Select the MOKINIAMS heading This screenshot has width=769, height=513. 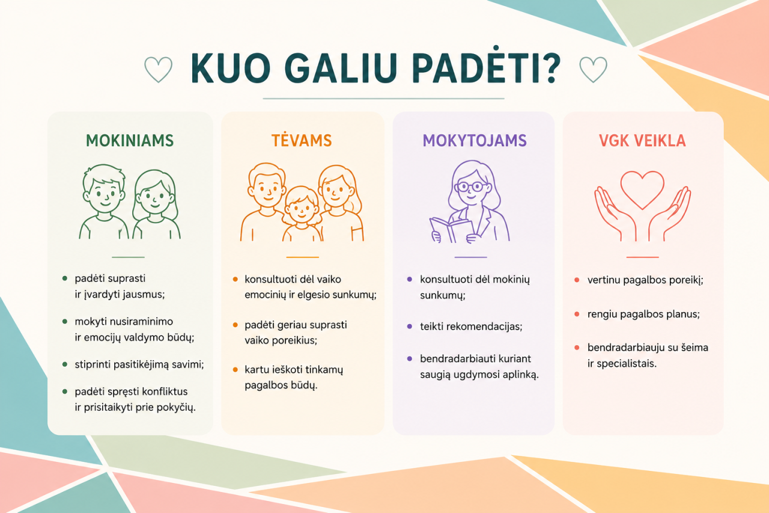click(x=130, y=141)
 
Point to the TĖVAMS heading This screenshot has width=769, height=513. click(x=302, y=140)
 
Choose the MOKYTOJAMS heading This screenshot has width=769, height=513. click(x=475, y=141)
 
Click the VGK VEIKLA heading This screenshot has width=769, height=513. click(x=642, y=141)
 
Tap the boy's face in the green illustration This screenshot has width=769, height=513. click(x=105, y=195)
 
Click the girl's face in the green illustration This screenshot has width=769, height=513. click(x=155, y=198)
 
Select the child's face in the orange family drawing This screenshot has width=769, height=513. click(x=302, y=210)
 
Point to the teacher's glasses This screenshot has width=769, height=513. click(x=470, y=186)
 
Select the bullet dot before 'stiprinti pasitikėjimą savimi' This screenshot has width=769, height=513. click(x=64, y=364)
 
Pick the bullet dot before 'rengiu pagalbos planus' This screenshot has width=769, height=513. click(x=577, y=314)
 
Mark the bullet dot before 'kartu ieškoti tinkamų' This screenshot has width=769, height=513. click(x=235, y=370)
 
